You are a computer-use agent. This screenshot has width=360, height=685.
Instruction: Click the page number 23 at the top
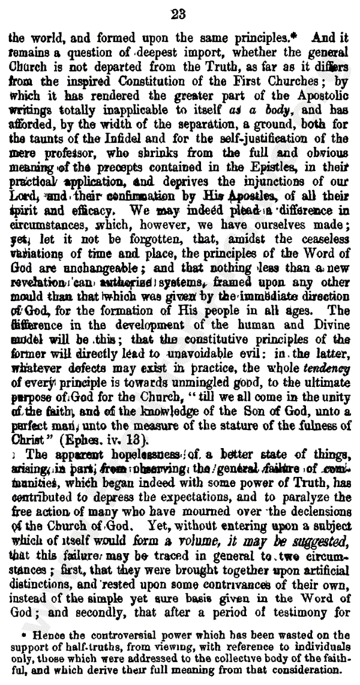(179, 14)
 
